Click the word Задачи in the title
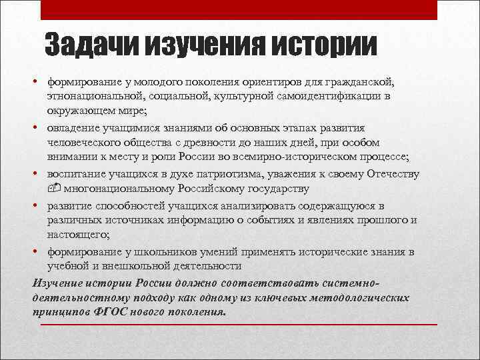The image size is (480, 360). [x=90, y=45]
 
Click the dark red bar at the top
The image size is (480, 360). [x=239, y=9]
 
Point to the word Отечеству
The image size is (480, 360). [x=393, y=174]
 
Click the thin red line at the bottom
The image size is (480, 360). [x=239, y=324]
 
